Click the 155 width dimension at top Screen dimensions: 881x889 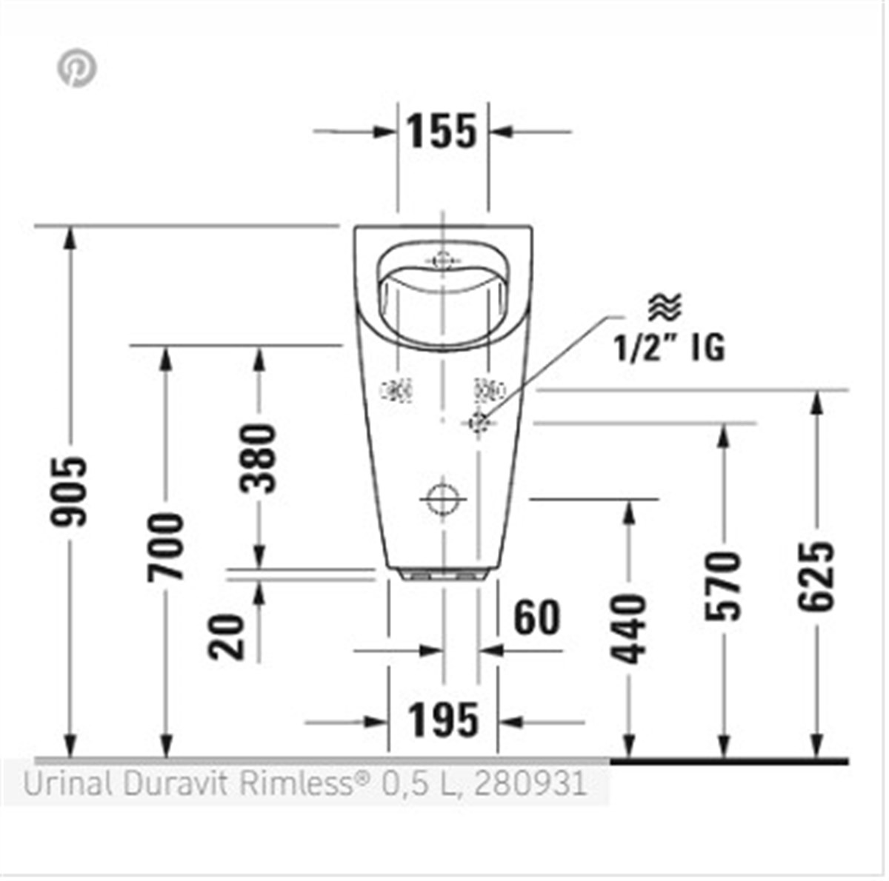point(442,132)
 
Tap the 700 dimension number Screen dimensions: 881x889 point(164,546)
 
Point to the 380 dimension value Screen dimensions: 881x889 point(259,458)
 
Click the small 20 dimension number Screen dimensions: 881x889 point(227,637)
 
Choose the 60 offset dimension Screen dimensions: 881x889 point(537,618)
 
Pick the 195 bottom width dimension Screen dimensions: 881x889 point(444,720)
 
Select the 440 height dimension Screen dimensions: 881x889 point(629,629)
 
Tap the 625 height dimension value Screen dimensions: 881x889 point(817,577)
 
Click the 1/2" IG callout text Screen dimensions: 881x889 point(669,346)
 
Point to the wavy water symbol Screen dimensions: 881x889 point(665,306)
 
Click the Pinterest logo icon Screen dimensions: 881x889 point(77,69)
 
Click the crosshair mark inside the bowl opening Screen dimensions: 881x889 point(442,261)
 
